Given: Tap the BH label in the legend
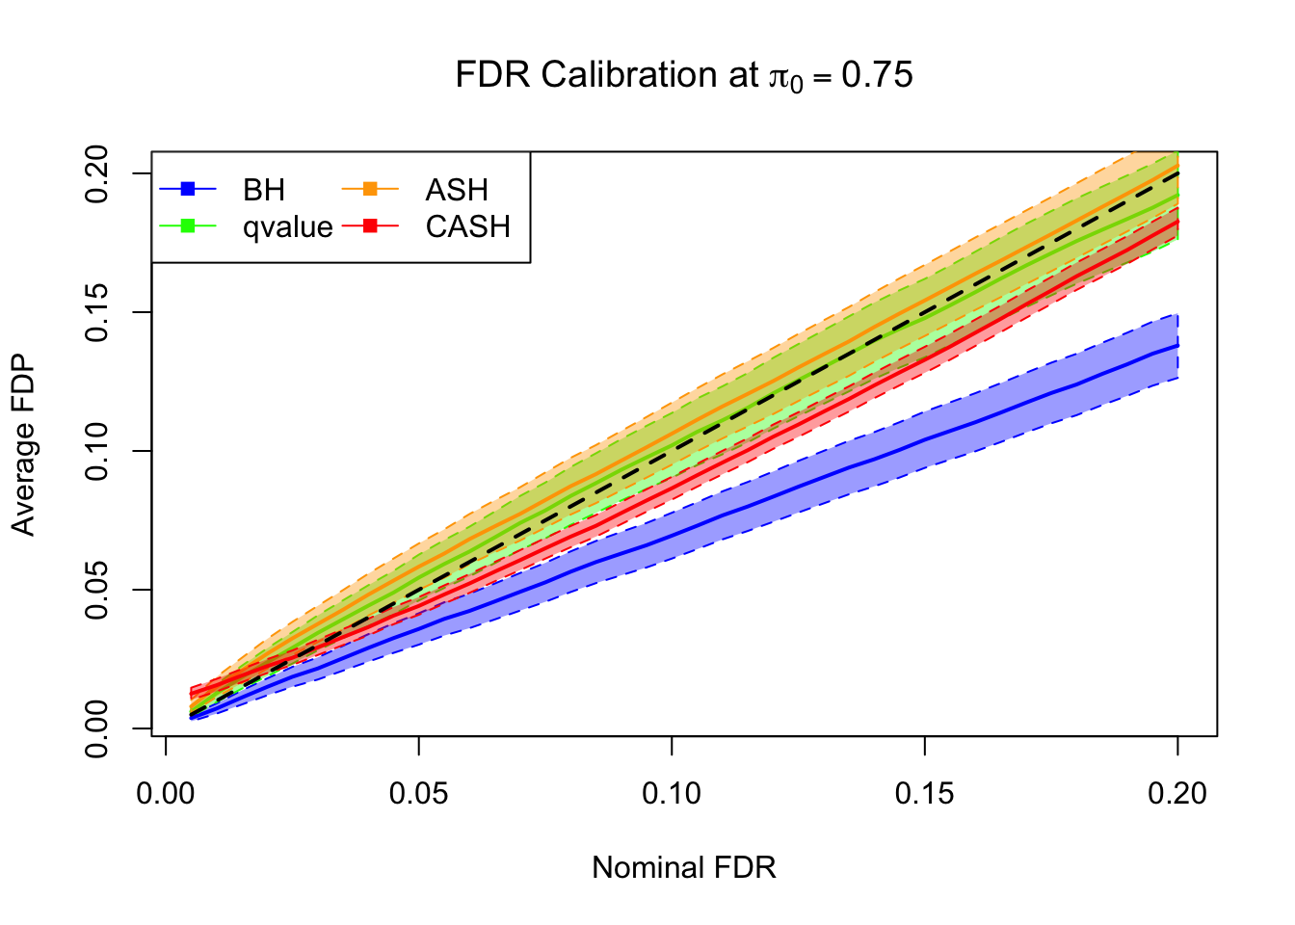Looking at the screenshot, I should point(264,190).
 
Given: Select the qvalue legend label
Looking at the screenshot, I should point(287,227).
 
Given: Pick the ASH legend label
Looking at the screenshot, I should point(457,190).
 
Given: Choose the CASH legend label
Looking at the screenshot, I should point(467,227).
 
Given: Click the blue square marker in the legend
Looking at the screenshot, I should point(188,189).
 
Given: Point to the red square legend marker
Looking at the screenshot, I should point(370,226).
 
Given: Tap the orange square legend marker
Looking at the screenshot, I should point(370,189).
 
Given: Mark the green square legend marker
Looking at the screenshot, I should point(188,226).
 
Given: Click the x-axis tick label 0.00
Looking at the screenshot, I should point(166,794).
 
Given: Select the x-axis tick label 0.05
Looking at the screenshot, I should point(418,794).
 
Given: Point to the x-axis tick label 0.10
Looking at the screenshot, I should point(672,794).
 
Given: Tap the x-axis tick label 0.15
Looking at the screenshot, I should point(924,794).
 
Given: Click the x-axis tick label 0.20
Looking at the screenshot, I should point(1177,794).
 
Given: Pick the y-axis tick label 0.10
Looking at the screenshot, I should point(97,451).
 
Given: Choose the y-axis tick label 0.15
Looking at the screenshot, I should point(97,312).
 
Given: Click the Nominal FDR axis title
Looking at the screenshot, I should point(684,868).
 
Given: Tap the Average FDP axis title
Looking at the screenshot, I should point(23,445).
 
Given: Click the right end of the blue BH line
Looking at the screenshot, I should point(1177,345).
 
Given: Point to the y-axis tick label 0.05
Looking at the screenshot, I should point(97,590).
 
